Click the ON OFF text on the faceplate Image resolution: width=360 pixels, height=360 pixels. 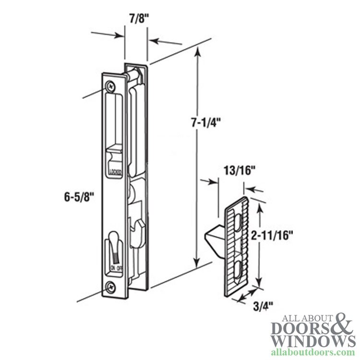[x=116, y=268]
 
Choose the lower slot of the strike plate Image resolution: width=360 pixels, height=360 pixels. [x=238, y=269]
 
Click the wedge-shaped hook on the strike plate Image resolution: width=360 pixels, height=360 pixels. [x=215, y=238]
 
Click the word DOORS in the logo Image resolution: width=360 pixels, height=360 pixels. [x=300, y=328]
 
